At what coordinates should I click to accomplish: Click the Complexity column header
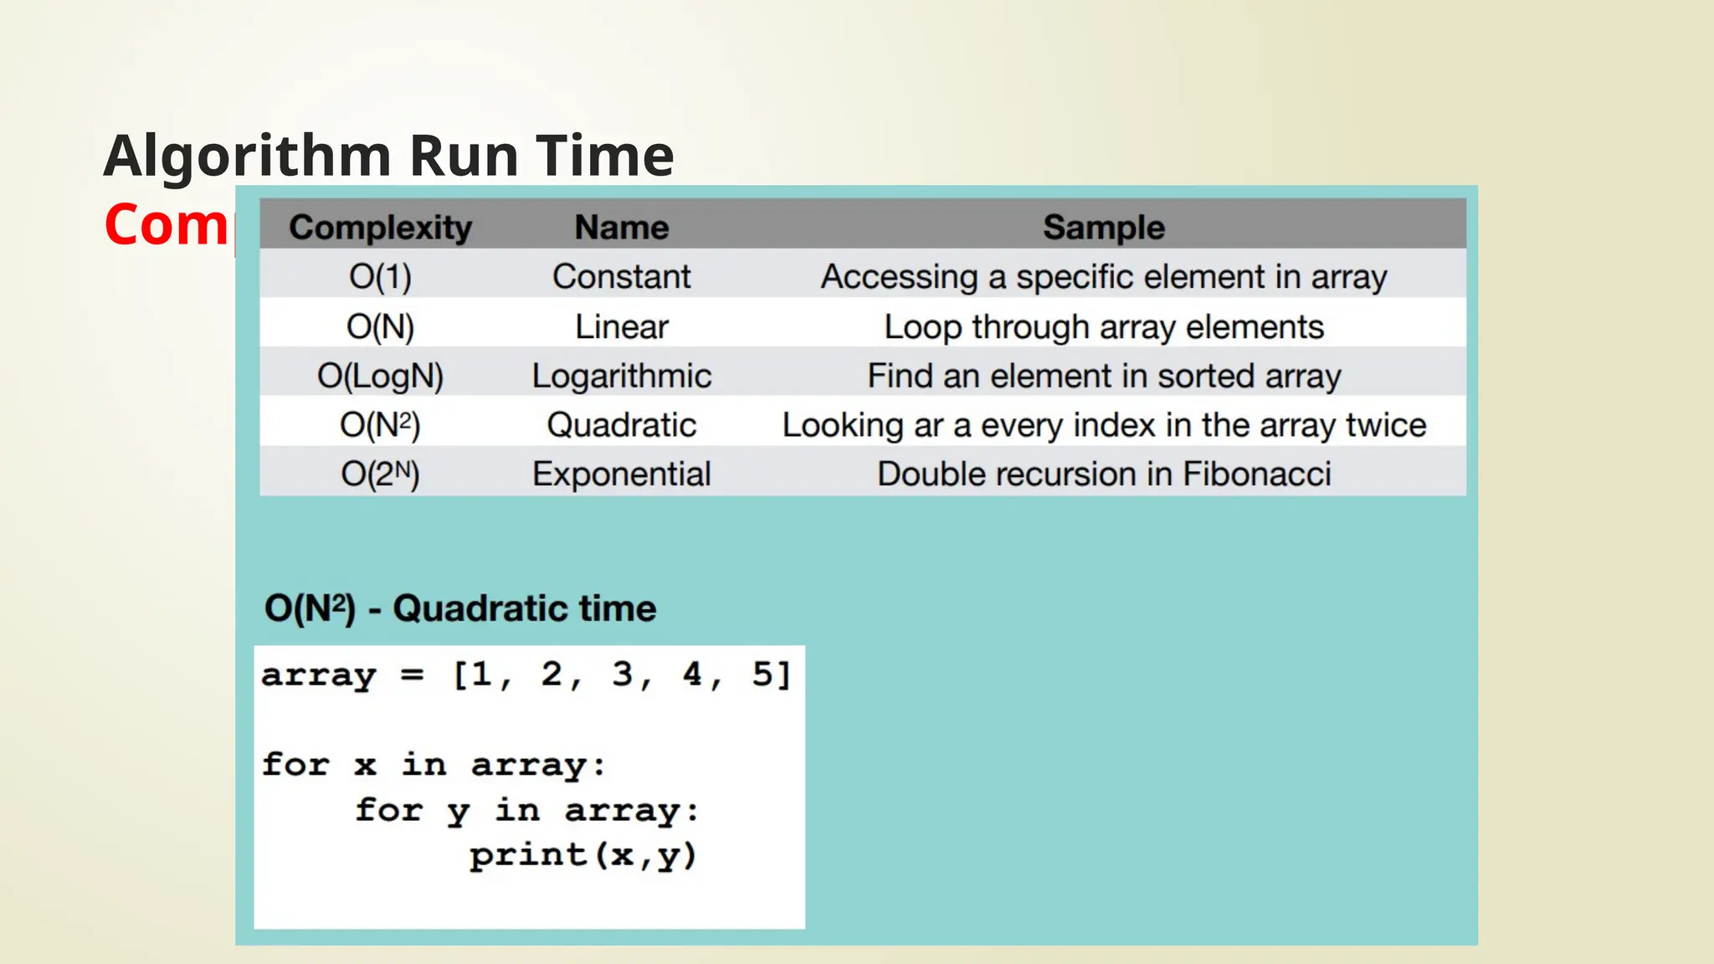tap(380, 228)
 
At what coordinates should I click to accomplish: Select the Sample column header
tap(1103, 228)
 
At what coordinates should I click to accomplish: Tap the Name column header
tap(621, 228)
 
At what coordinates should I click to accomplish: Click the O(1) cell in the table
tap(380, 277)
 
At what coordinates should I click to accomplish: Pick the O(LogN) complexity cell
tap(380, 377)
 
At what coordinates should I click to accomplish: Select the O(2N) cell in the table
tap(380, 474)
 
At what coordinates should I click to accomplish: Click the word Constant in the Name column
tap(621, 277)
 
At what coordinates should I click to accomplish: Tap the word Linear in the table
tap(621, 327)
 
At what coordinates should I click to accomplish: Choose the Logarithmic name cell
tap(621, 377)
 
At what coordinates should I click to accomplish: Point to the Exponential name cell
tap(621, 474)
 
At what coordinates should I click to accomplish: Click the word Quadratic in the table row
tap(621, 425)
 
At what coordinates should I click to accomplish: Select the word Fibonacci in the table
tap(1256, 474)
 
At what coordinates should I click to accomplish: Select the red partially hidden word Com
tap(166, 224)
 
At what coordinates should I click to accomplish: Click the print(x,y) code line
tap(582, 855)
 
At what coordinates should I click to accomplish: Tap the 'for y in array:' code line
tap(526, 810)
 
